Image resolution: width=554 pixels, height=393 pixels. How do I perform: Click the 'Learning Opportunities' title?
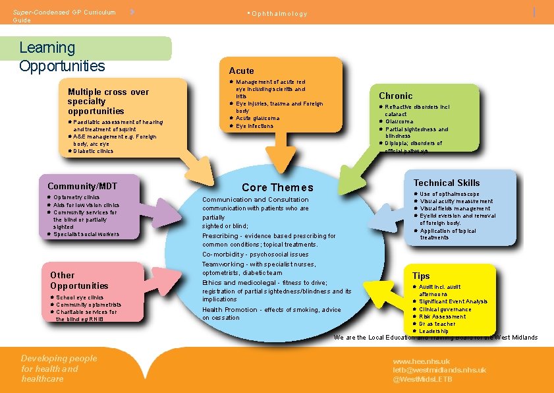coord(62,57)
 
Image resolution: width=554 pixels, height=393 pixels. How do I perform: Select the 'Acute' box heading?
coord(241,71)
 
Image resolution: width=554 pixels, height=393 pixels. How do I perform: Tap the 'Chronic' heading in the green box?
coord(395,96)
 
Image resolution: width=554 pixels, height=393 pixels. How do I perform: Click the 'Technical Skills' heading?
coord(446,183)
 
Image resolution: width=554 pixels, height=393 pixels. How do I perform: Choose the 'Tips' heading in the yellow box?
coord(421,276)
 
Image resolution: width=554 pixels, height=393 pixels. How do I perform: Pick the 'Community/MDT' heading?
coord(78,187)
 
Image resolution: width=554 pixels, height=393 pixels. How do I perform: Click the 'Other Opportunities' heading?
coord(79,280)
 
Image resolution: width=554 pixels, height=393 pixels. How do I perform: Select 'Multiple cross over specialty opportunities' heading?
coord(108,102)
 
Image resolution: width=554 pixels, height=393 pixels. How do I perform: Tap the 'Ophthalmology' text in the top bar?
coord(279,14)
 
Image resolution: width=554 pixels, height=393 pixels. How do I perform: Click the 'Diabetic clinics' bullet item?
coord(93,151)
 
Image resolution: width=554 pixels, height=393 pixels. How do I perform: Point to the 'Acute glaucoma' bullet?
coord(258,118)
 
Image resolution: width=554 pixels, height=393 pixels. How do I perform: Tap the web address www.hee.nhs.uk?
coord(422,361)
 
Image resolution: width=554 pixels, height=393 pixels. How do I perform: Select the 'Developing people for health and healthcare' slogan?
coord(59,369)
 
